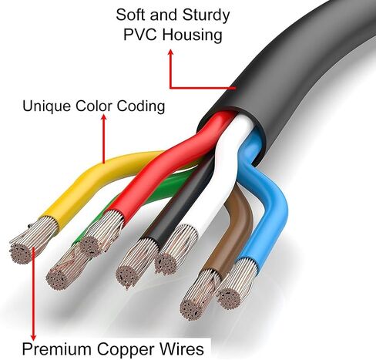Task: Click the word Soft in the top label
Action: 130,15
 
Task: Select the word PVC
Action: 140,35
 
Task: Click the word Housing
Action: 192,36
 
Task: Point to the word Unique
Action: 47,106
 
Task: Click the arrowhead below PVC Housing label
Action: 170,52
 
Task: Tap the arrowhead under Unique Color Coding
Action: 104,117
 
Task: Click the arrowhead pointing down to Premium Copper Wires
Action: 33,337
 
